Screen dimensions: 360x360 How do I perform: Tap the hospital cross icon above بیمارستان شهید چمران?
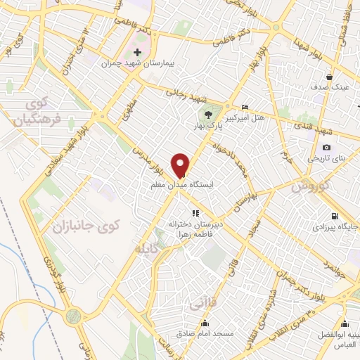tap(137, 52)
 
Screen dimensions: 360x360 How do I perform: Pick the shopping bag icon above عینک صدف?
tap(329, 77)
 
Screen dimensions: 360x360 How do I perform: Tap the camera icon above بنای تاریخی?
tap(326, 147)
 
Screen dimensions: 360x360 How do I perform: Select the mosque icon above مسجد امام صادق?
tap(205, 323)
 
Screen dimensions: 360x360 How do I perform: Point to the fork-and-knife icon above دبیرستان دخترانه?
tap(195, 212)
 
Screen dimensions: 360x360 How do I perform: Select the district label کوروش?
tap(304, 186)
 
